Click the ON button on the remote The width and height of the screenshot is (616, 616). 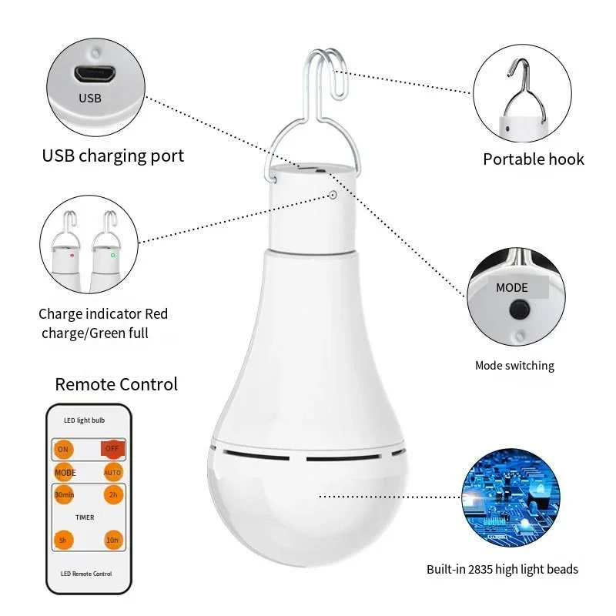(x=63, y=449)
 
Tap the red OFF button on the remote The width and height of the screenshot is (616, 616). (x=112, y=448)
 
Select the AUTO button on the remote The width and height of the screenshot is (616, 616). (x=112, y=472)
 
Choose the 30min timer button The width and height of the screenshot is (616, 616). (x=63, y=495)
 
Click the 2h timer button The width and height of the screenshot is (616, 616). (x=112, y=495)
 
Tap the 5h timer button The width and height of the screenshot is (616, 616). (x=63, y=541)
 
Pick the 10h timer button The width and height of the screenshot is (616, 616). (x=112, y=541)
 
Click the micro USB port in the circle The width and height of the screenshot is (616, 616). (x=95, y=75)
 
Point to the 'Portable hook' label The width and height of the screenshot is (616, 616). (x=533, y=159)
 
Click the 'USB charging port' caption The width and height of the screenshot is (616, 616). (x=113, y=156)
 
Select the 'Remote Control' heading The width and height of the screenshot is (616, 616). (x=116, y=384)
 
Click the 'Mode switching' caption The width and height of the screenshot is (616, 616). (x=514, y=366)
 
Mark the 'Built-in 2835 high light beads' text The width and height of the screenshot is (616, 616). (x=502, y=570)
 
